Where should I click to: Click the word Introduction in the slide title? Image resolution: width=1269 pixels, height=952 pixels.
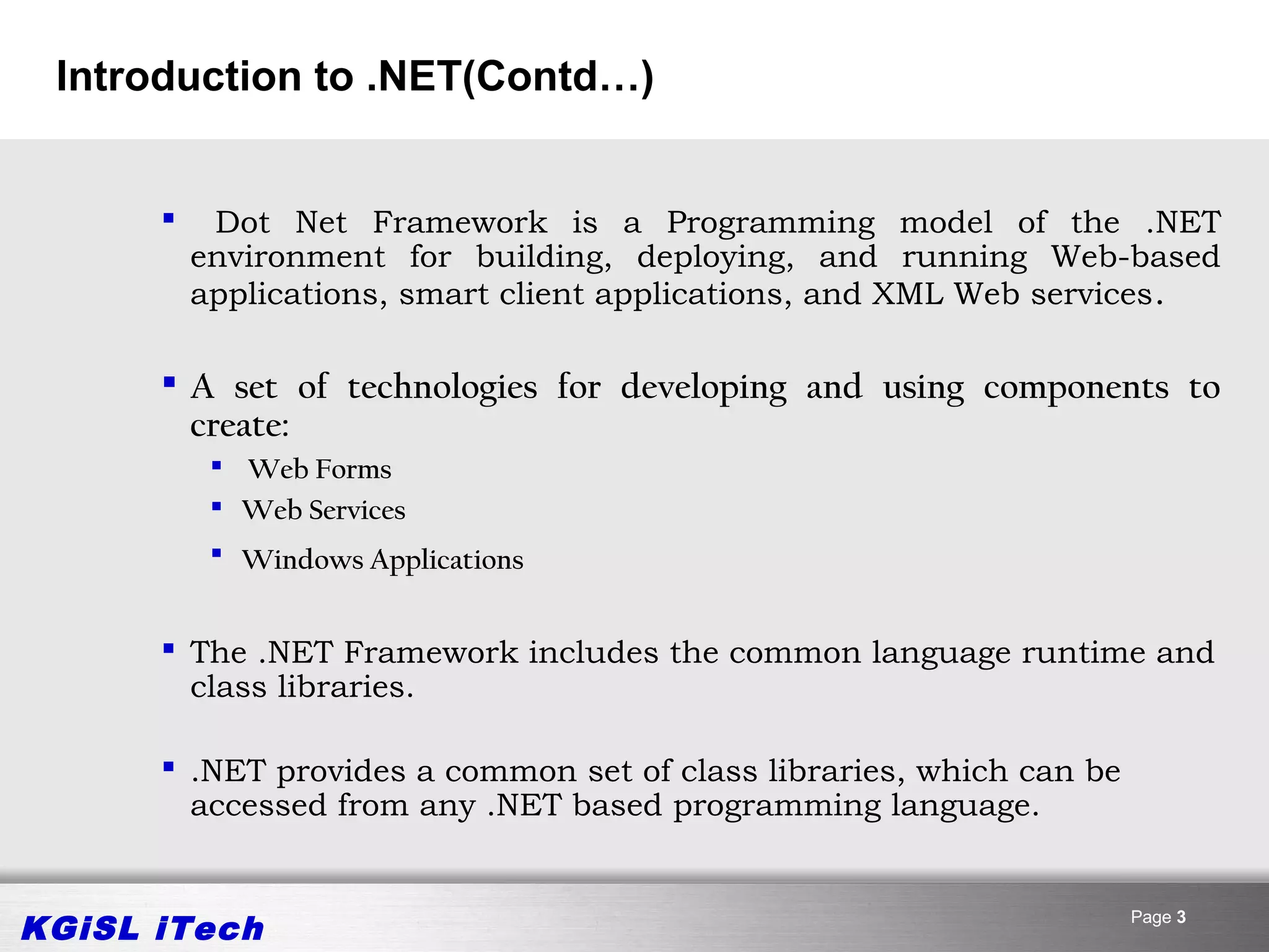[x=178, y=77]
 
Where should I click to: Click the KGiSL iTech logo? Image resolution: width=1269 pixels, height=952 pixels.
[x=143, y=928]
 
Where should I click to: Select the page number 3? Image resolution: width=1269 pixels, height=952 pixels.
[x=1181, y=917]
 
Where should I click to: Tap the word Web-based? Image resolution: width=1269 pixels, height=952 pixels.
[x=1135, y=257]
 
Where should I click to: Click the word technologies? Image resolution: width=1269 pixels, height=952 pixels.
[x=442, y=388]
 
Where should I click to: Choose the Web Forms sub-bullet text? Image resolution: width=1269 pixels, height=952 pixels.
[x=320, y=470]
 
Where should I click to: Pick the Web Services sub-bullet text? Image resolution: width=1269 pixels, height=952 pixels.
[x=323, y=511]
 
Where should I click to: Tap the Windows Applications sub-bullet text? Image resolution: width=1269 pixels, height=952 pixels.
[x=382, y=560]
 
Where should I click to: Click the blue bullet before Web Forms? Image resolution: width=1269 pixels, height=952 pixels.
[x=216, y=465]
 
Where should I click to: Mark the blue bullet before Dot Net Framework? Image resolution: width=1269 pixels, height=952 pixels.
[x=168, y=218]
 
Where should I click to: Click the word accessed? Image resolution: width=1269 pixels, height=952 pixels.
[x=258, y=806]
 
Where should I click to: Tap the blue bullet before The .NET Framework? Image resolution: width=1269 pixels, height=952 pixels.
[x=168, y=648]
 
